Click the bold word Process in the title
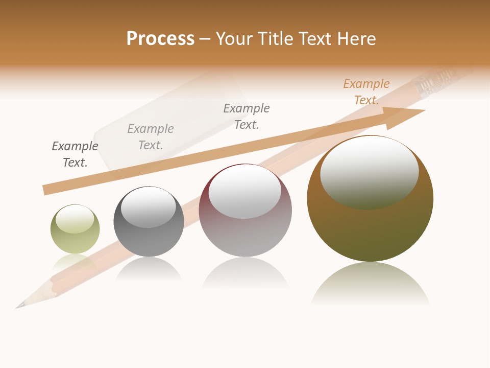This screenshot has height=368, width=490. pos(160,38)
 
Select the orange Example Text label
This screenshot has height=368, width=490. pos(366,92)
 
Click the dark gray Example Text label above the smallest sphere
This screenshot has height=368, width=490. pos(75,154)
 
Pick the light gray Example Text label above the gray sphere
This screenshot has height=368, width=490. pos(151,137)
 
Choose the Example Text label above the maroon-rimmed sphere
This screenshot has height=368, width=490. pos(247,117)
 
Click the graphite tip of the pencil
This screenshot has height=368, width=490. pos(19,306)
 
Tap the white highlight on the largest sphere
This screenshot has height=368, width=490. pos(369,171)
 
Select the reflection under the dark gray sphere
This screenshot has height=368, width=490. pos(149,270)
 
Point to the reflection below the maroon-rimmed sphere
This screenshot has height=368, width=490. pos(245,273)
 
